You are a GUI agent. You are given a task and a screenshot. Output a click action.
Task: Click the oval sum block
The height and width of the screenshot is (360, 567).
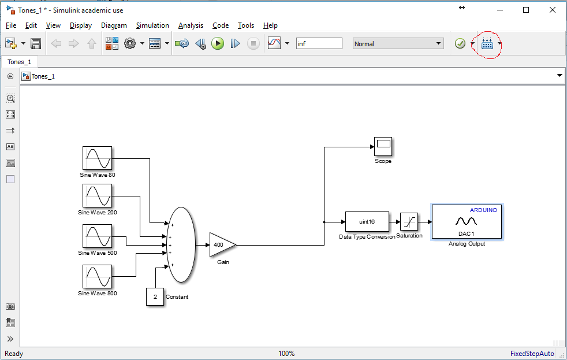[x=181, y=244]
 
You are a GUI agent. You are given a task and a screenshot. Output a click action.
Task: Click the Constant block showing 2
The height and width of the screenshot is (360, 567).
[x=155, y=296]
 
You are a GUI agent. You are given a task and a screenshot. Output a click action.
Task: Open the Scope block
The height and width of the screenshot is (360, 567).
[x=383, y=146]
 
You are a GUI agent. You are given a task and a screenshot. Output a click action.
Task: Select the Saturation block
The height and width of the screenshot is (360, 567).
[x=409, y=221]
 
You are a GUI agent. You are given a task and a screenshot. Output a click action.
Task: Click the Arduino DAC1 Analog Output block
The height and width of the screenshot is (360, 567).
[x=467, y=221]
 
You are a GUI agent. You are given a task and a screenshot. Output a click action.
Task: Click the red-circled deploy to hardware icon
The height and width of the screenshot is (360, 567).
[x=487, y=44]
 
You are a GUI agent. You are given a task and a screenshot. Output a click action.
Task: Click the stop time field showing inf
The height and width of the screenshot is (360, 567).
[x=319, y=44]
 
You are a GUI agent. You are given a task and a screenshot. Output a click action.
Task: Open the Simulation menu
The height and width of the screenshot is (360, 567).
[x=152, y=25]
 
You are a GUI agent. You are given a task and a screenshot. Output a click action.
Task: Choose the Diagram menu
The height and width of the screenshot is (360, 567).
[x=114, y=25]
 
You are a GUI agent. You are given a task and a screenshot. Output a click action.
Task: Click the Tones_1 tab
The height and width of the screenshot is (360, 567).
[x=20, y=62]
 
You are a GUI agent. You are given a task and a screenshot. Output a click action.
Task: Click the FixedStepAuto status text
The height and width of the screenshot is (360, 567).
[x=532, y=354]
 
